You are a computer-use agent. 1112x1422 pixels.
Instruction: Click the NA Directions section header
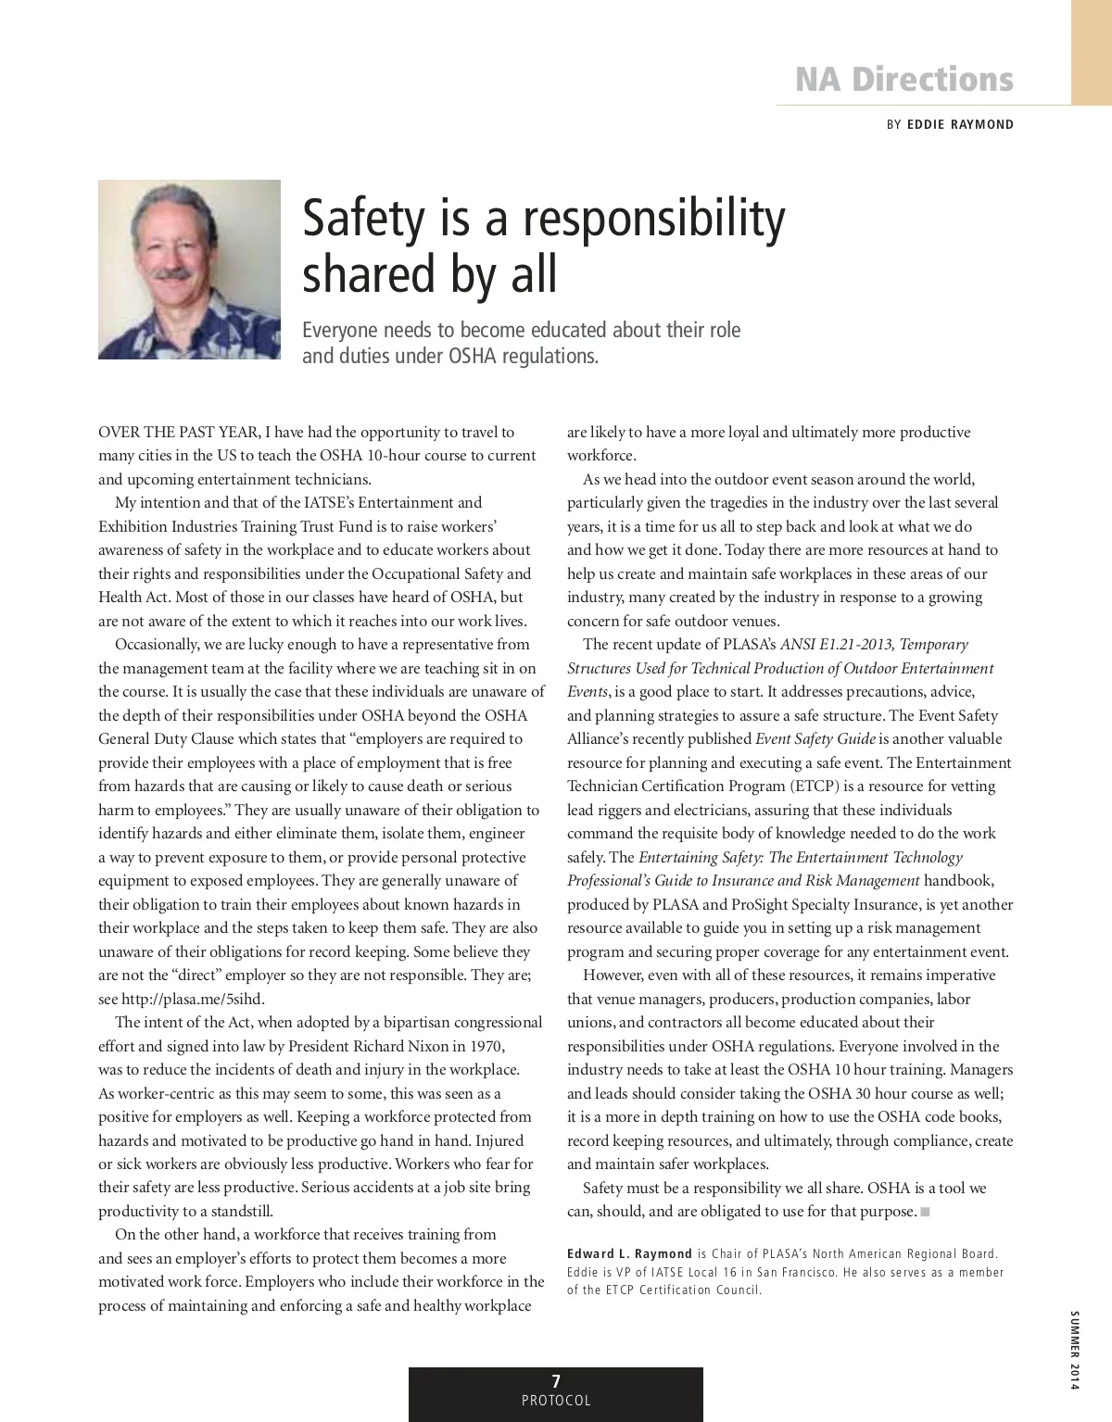903,80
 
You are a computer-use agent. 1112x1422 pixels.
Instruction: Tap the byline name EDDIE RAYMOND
960,124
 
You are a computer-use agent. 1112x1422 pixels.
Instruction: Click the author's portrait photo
189,270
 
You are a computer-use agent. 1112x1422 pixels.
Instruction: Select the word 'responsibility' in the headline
653,218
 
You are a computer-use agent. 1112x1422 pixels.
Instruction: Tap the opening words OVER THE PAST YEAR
179,433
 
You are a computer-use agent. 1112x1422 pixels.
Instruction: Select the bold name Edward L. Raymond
629,1254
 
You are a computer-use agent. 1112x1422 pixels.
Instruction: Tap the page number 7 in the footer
556,1380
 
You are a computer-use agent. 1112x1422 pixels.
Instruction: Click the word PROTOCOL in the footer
556,1401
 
